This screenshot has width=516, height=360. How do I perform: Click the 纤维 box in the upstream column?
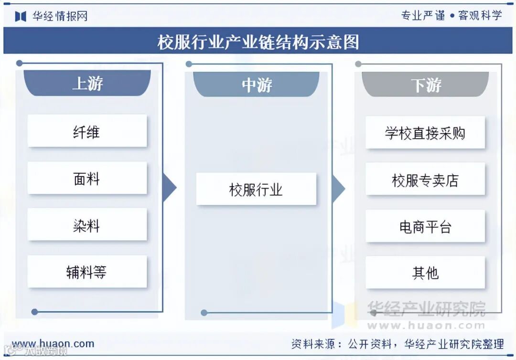(x=87, y=131)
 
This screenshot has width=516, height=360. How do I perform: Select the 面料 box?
(x=87, y=178)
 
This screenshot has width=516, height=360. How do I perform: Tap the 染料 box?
(x=87, y=224)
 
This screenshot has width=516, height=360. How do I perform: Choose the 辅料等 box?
(x=87, y=272)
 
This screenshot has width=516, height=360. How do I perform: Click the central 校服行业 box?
(x=256, y=189)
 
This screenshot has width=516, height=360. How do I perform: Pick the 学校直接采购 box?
(x=425, y=132)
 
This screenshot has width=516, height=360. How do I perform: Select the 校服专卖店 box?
(x=425, y=180)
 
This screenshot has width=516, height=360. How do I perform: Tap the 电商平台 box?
(x=425, y=226)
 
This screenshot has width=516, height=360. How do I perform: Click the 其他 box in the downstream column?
(x=425, y=273)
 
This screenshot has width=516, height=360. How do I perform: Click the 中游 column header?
(x=257, y=85)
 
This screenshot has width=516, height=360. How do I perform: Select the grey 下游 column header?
(x=426, y=85)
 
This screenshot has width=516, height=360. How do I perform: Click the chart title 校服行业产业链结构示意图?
(x=258, y=42)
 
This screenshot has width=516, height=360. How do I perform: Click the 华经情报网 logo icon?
(x=21, y=16)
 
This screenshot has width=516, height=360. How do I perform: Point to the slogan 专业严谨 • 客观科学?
(x=451, y=15)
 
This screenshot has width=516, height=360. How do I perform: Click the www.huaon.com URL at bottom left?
(x=53, y=343)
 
